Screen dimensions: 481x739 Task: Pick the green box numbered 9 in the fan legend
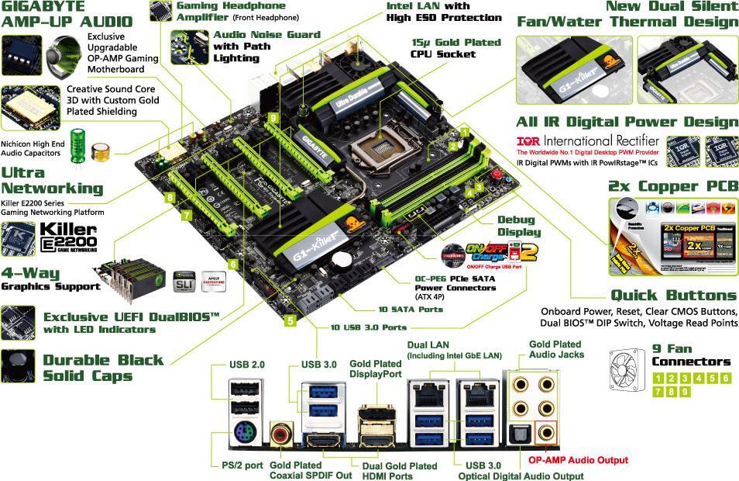[686, 392]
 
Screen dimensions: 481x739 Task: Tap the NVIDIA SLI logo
[184, 280]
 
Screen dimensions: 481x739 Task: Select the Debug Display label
[519, 226]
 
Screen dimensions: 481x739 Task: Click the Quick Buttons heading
[673, 296]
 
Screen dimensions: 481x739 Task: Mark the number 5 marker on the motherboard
[290, 320]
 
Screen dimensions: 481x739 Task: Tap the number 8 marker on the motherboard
[170, 197]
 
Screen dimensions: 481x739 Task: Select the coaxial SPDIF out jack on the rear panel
[280, 431]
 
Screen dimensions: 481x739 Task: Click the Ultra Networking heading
[52, 180]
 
